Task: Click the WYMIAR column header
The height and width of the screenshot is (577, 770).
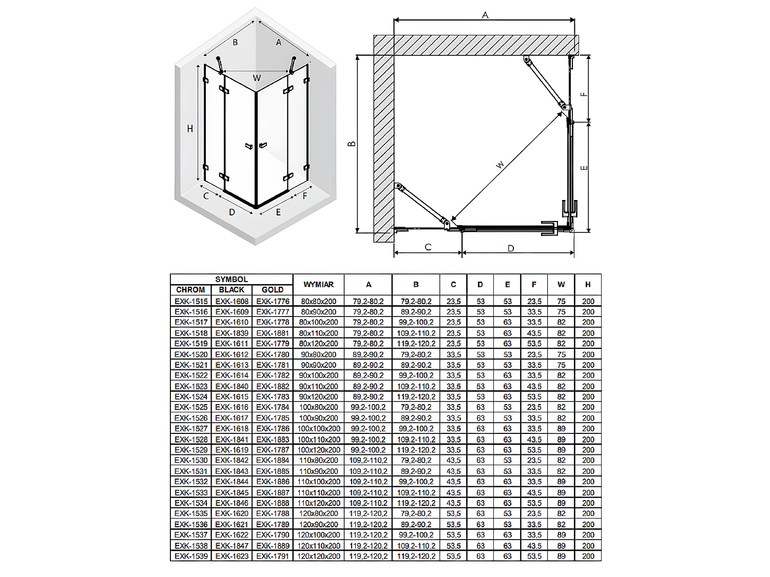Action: pos(318,284)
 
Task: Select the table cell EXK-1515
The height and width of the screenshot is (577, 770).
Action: pos(191,301)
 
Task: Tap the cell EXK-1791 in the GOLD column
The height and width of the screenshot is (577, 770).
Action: pos(273,556)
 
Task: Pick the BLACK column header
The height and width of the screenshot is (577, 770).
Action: pos(232,290)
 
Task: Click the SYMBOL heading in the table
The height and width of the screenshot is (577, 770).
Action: pos(232,280)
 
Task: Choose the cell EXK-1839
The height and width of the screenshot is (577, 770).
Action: pos(232,333)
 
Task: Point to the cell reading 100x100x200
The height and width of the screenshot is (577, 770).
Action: pos(318,429)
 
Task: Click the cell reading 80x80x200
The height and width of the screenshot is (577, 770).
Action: pos(318,301)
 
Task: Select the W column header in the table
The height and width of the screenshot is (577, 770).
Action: pos(561,284)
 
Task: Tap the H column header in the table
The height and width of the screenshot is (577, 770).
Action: pos(588,284)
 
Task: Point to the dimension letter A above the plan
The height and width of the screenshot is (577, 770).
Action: pos(485,15)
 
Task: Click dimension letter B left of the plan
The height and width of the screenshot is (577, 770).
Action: pos(352,144)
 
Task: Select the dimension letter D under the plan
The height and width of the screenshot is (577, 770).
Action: pos(510,249)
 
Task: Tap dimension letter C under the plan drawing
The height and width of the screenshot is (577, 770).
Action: pos(428,247)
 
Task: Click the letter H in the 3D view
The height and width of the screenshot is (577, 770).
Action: pos(190,129)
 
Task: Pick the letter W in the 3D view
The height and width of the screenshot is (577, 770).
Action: pos(257,78)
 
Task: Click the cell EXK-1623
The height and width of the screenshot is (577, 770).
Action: pos(232,556)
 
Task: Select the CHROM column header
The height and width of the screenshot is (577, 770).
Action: pos(190,290)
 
